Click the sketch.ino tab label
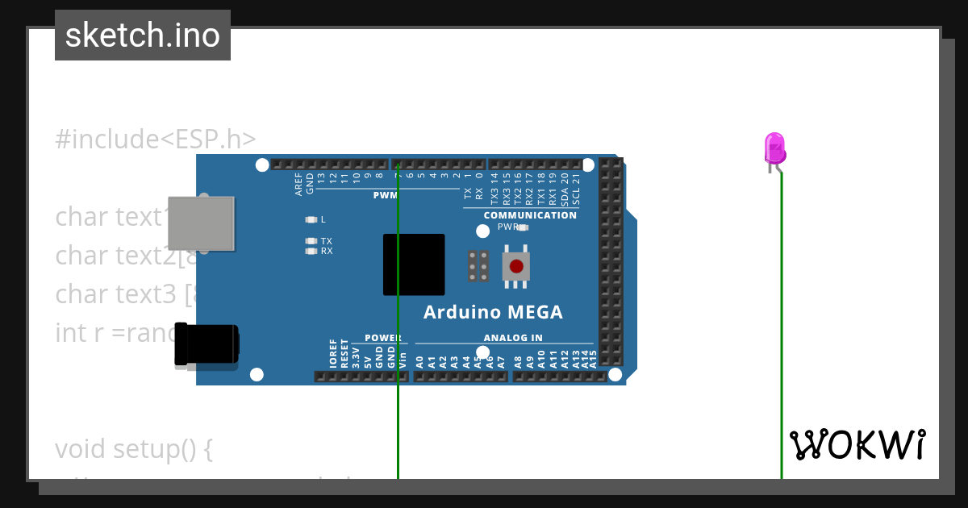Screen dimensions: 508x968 click(x=143, y=35)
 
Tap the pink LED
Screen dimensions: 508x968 click(x=774, y=150)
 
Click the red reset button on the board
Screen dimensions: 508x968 click(x=516, y=266)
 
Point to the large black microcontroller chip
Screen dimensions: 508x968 click(x=414, y=264)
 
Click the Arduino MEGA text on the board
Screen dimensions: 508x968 click(x=493, y=313)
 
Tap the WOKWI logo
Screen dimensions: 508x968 click(x=857, y=445)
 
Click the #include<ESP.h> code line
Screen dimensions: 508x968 click(x=156, y=139)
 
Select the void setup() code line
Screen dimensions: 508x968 click(x=134, y=448)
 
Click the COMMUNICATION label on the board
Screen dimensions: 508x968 click(x=530, y=215)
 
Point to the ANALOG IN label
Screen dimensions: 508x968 click(x=513, y=338)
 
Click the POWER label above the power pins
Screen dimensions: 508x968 click(x=382, y=338)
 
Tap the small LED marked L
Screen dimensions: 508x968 click(x=311, y=219)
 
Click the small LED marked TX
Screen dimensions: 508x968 click(x=311, y=241)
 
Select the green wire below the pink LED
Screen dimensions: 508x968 click(x=781, y=323)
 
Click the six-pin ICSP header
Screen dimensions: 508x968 click(x=478, y=265)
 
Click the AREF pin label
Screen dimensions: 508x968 click(x=298, y=184)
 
